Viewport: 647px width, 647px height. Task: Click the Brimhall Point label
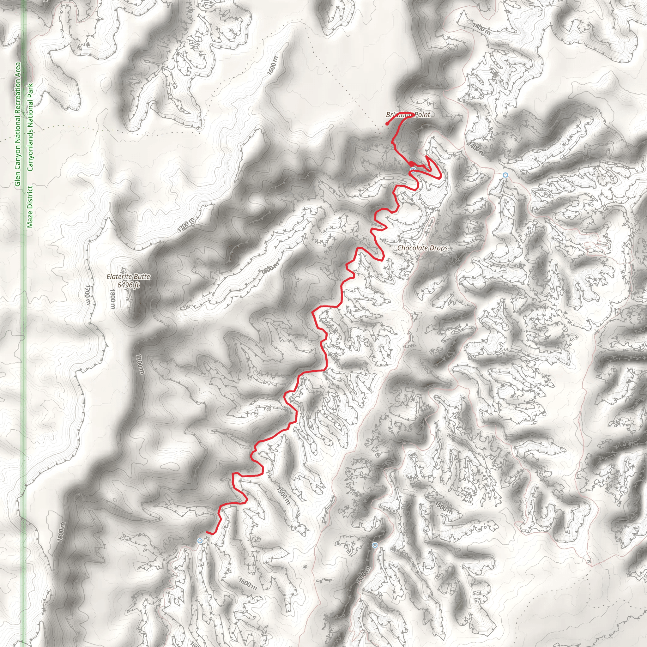[408, 115]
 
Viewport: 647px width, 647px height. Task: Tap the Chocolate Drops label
[422, 248]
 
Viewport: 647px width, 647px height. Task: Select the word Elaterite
[118, 277]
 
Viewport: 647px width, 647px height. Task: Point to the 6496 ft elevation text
[128, 285]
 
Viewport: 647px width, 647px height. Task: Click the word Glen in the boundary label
[17, 179]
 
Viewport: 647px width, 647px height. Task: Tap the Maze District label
[30, 207]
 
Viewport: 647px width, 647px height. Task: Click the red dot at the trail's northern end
[387, 124]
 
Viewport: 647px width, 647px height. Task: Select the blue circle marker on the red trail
[413, 171]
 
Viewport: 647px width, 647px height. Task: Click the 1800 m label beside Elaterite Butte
[112, 299]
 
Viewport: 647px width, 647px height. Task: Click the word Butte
[141, 277]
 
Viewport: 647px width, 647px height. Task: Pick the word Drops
[439, 248]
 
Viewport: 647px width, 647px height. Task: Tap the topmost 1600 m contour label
[273, 66]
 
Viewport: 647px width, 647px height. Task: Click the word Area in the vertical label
[17, 70]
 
